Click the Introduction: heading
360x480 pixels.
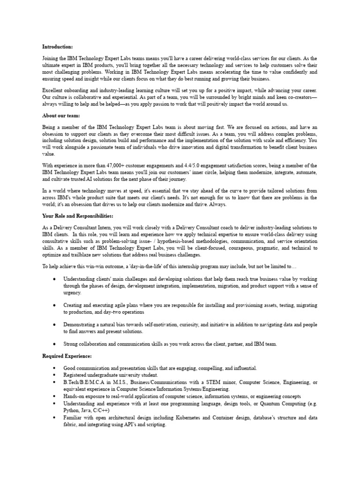(58, 46)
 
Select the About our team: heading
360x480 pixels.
(61, 115)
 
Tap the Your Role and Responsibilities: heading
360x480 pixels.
(77, 216)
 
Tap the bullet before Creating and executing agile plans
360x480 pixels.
(54, 305)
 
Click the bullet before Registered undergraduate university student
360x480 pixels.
(54, 375)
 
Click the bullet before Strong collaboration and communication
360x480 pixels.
(54, 344)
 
